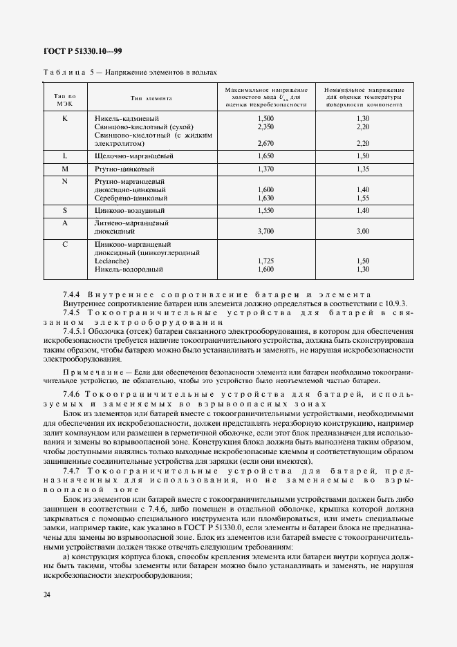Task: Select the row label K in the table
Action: coord(64,119)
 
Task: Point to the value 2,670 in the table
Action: coord(265,144)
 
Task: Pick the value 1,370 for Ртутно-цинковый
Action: coord(265,169)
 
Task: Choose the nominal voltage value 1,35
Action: coord(363,169)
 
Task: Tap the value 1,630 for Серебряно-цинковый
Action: coord(265,198)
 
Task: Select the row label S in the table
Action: coord(64,209)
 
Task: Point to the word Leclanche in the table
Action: coord(109,261)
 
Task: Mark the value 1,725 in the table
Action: coord(265,261)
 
